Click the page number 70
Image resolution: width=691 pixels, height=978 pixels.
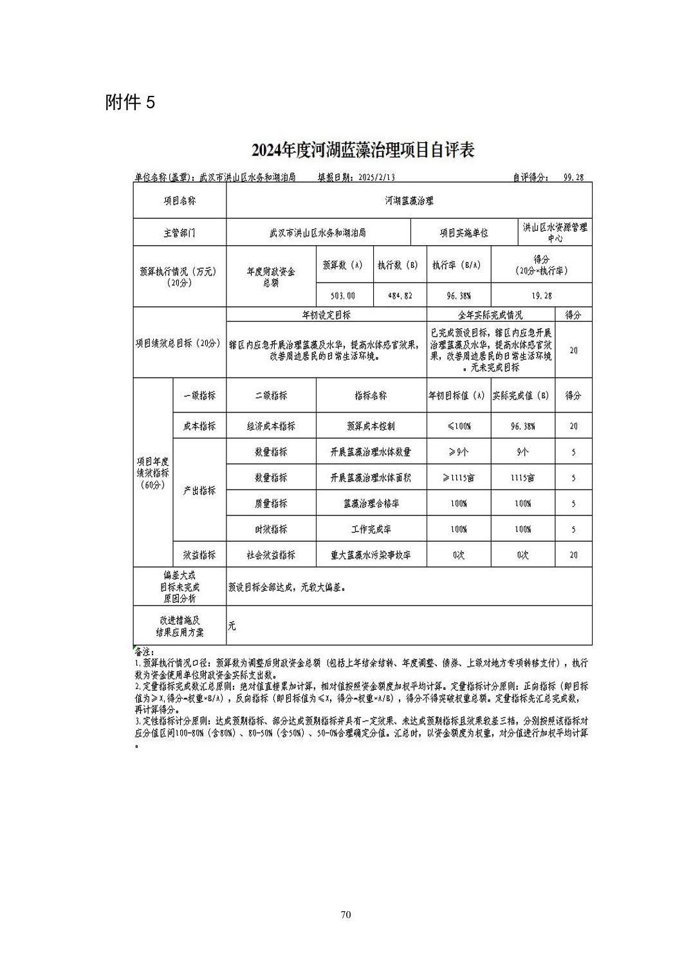[x=345, y=915]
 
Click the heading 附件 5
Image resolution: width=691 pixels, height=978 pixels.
[x=130, y=102]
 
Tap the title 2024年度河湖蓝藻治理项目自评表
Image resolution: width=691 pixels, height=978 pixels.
[x=363, y=150]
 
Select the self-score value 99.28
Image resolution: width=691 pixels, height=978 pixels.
[x=573, y=177]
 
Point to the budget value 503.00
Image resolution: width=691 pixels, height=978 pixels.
[x=342, y=296]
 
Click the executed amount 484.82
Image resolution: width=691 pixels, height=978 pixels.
[x=399, y=296]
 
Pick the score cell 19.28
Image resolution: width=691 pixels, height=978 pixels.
[x=540, y=296]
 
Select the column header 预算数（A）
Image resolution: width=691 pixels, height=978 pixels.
[x=342, y=265]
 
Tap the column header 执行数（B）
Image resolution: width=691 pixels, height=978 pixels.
[x=399, y=265]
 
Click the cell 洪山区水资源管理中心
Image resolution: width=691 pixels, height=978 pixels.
[x=555, y=232]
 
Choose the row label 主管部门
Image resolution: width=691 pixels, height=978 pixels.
[x=180, y=233]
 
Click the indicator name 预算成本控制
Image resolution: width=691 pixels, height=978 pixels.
[x=371, y=426]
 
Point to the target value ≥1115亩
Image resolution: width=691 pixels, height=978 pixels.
[x=458, y=478]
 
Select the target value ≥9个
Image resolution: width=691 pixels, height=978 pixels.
[x=458, y=452]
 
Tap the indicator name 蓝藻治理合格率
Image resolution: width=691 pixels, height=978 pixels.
[x=371, y=504]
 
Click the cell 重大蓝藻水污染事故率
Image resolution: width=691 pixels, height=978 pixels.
[x=371, y=555]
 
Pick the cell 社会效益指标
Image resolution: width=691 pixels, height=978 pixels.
[x=271, y=555]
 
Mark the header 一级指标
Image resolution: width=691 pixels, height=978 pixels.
[x=199, y=396]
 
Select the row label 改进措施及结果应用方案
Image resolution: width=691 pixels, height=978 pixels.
[x=180, y=626]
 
